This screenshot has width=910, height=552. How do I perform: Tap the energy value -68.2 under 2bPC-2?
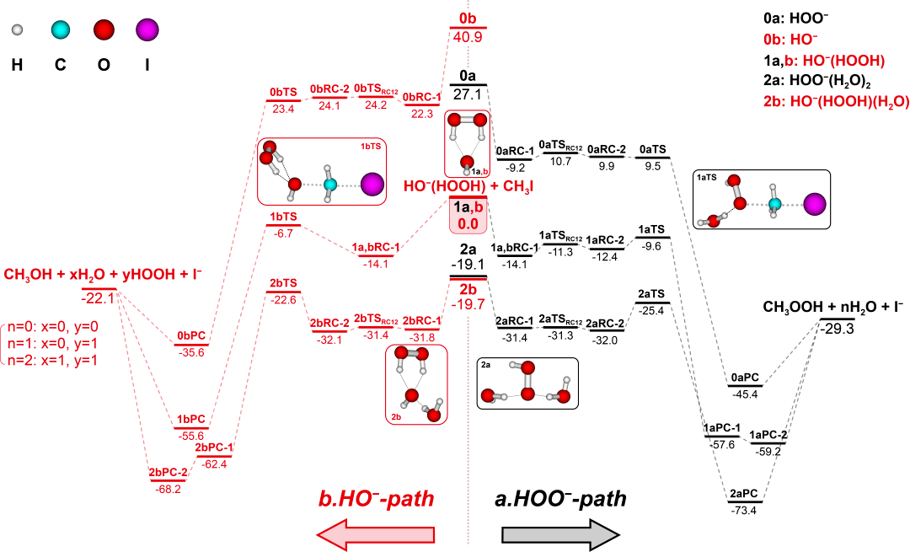[168, 488]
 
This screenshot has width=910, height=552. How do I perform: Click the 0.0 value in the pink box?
[468, 223]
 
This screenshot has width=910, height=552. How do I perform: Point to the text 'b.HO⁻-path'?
[376, 499]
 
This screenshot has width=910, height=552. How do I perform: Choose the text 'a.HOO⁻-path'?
[560, 499]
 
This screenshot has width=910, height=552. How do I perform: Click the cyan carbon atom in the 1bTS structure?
[330, 185]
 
